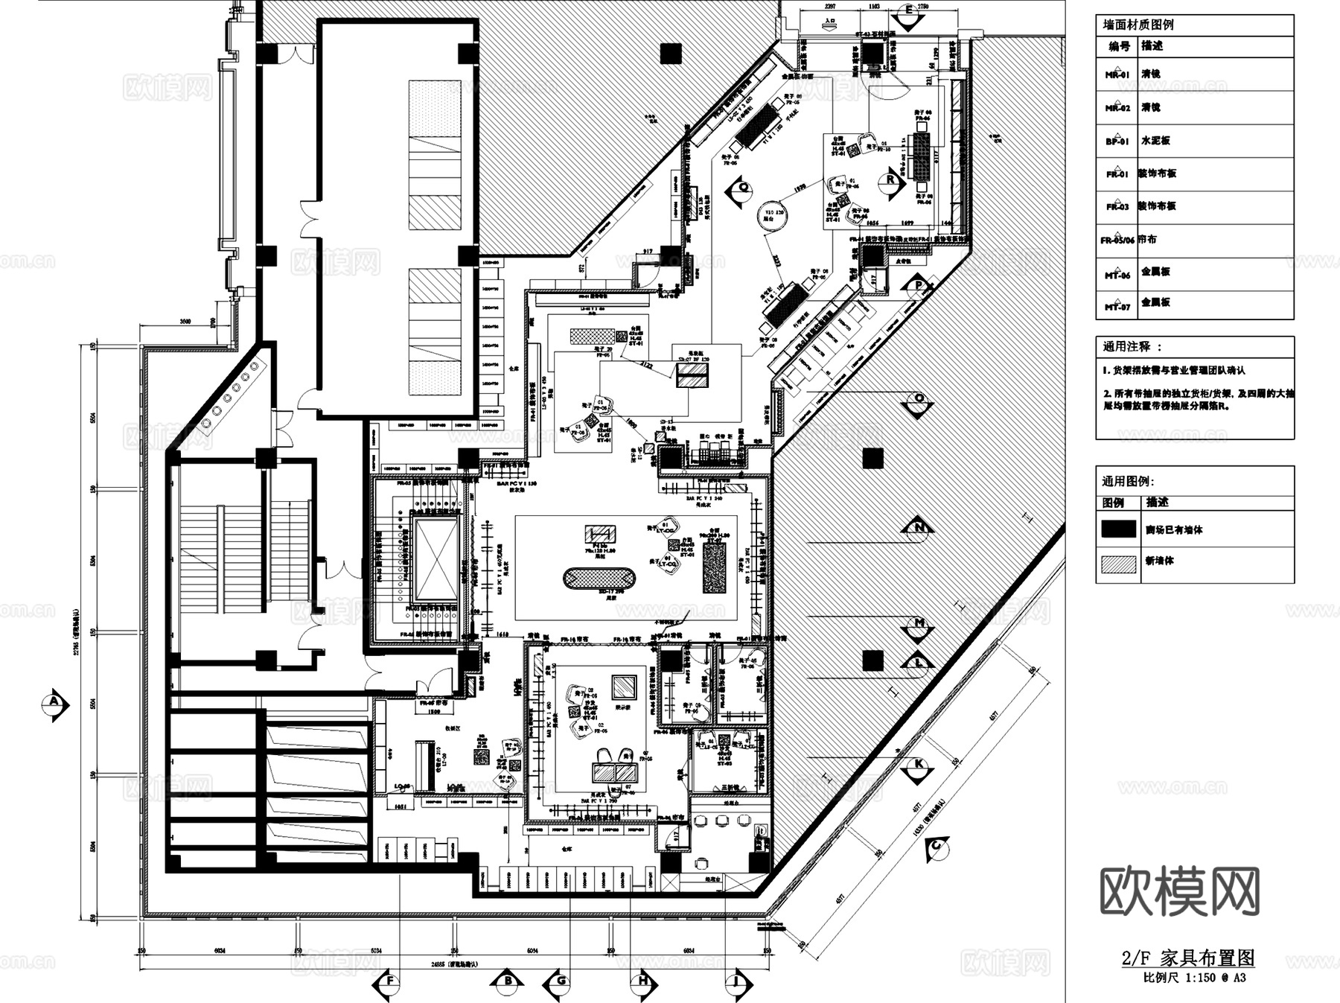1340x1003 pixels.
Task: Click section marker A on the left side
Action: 54,704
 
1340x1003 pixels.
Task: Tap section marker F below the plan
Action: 388,982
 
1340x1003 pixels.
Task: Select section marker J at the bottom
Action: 737,982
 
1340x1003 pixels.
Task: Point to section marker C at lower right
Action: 937,847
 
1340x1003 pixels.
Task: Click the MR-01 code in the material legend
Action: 1117,74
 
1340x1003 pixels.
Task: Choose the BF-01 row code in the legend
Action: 1117,141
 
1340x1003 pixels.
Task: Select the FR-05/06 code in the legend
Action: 1117,241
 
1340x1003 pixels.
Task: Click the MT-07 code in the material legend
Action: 1117,306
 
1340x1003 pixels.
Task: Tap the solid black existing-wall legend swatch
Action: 1118,529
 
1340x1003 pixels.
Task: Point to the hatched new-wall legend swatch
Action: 1118,564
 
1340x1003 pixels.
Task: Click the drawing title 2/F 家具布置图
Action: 1188,958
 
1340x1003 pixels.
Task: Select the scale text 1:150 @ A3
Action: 1210,978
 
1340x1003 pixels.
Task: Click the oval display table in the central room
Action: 599,579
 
